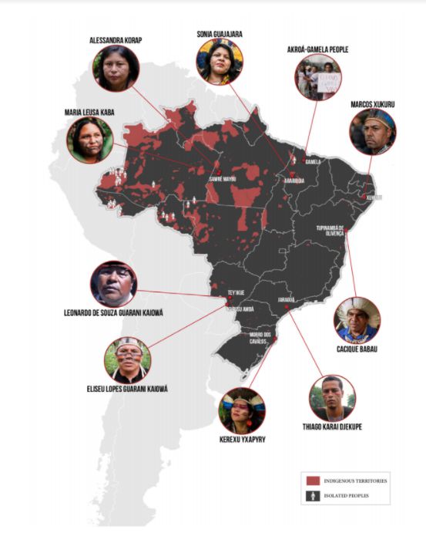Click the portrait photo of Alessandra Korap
pos(116,69)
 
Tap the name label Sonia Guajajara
pos(220,32)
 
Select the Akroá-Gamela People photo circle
pos(317,77)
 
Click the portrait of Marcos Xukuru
pos(373,132)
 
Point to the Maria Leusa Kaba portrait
pos(89,140)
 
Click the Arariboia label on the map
pos(282,180)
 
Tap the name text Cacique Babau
pos(357,349)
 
